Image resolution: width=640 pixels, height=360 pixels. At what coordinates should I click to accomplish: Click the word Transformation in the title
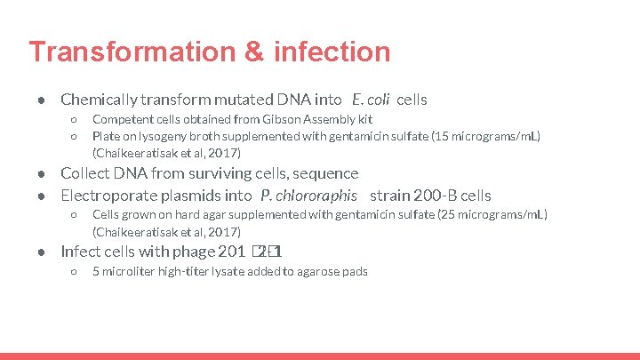pos(120,52)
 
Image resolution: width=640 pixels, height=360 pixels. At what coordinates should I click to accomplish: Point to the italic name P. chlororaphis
pos(309,196)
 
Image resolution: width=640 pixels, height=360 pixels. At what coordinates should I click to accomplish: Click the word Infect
pos(80,252)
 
